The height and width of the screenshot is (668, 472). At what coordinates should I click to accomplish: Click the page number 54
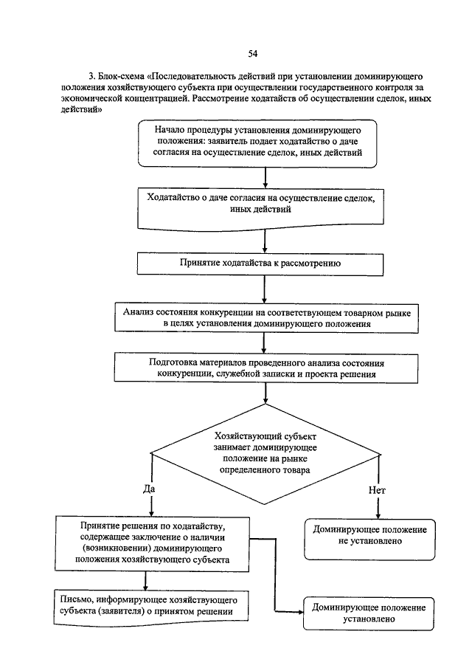coord(252,54)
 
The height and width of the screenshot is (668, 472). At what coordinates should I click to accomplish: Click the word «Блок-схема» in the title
coord(121,77)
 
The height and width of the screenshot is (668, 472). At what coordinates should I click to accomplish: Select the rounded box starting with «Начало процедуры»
coord(257,144)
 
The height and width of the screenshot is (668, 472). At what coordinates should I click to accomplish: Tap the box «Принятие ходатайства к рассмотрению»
coord(260,264)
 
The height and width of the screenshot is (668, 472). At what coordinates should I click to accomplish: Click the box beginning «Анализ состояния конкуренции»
coord(266,318)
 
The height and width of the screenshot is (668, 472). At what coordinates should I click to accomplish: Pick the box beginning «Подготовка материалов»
coord(266,368)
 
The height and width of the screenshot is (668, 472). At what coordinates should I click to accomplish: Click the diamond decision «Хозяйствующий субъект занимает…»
coord(265,454)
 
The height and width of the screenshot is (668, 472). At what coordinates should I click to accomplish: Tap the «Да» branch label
coord(149,489)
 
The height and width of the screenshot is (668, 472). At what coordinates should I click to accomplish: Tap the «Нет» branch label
coord(377,490)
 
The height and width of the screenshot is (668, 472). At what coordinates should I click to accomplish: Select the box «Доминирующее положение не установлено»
coord(369,540)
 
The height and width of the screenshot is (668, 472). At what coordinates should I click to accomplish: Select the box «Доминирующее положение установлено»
coord(369,613)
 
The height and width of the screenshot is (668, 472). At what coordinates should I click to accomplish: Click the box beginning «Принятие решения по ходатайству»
coord(152,544)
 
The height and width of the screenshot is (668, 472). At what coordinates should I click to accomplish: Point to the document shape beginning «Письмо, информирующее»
coord(151,607)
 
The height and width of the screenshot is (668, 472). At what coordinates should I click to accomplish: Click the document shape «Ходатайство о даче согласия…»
coord(260,210)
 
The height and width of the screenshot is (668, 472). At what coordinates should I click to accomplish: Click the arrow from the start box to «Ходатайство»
coord(265,178)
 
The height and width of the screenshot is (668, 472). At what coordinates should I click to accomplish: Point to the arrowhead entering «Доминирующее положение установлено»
coord(299,612)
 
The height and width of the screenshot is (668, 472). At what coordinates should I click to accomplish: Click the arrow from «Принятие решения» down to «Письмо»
coord(145,581)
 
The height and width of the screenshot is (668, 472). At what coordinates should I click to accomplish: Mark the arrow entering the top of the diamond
coord(265,393)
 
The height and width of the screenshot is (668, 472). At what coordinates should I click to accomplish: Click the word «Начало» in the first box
coord(170,130)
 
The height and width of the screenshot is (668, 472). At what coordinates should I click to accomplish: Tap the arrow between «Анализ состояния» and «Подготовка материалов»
coord(264,343)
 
